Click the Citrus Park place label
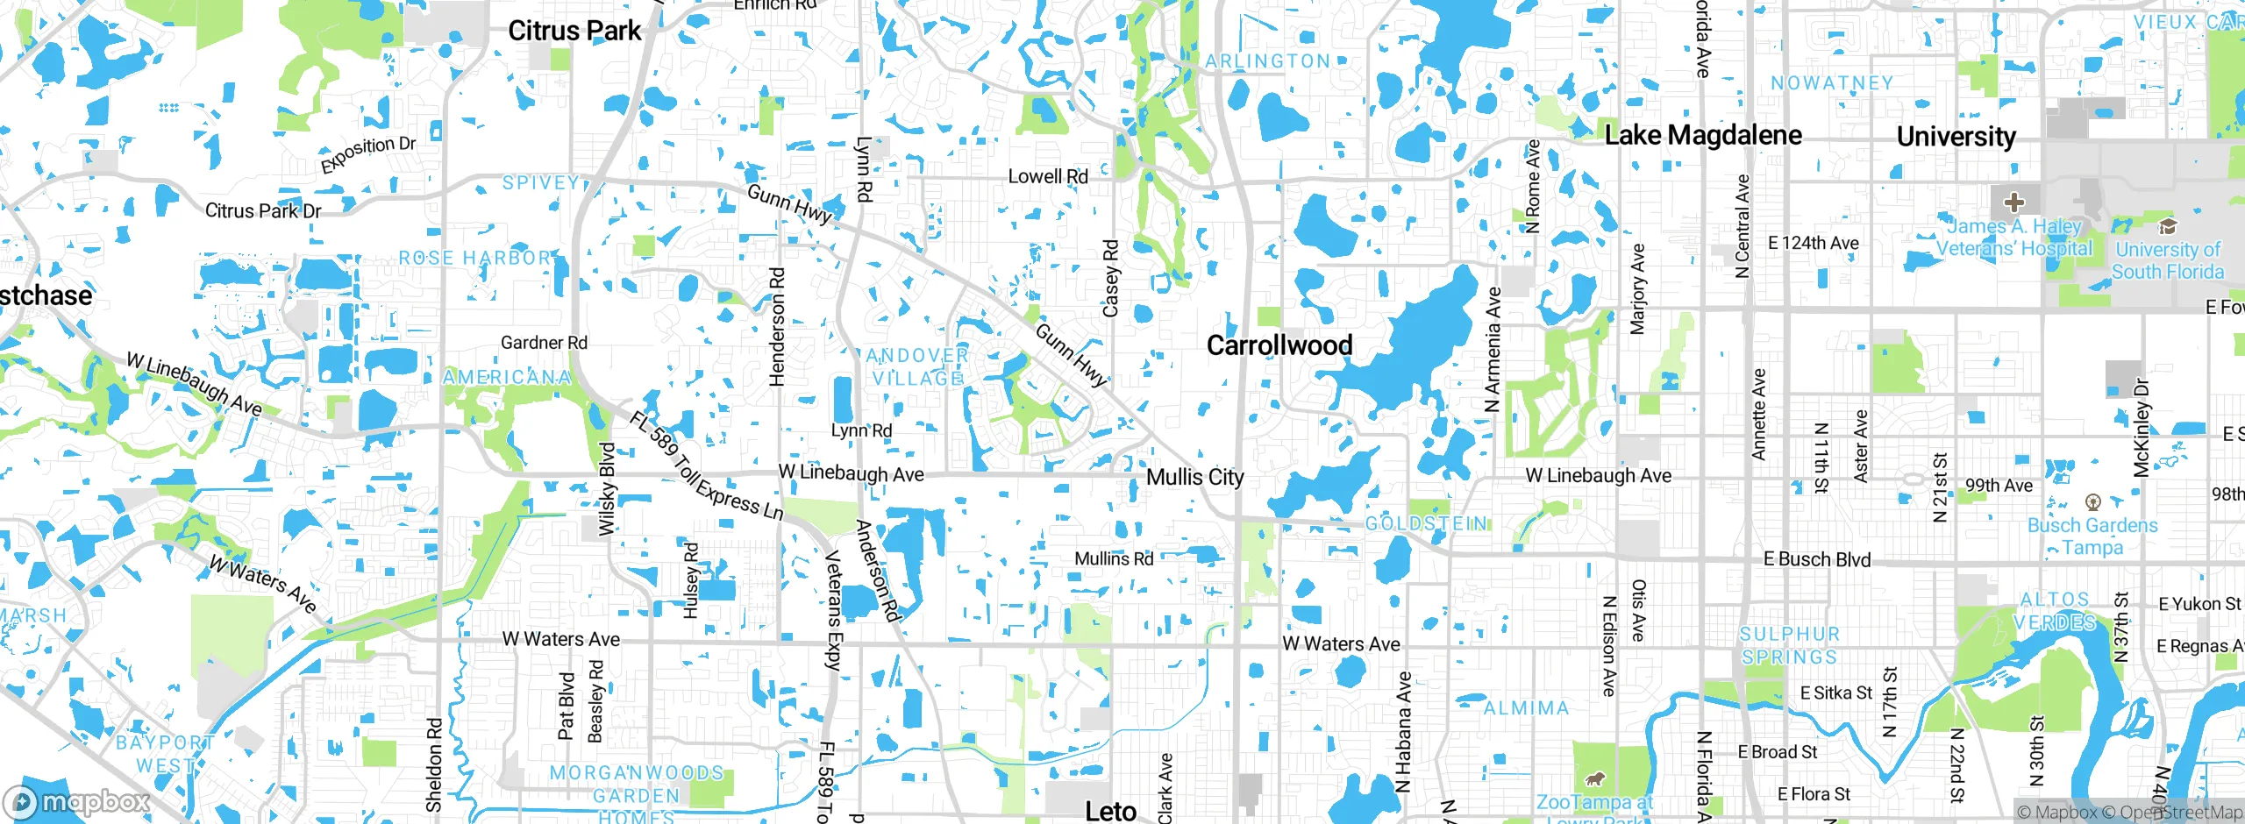(574, 31)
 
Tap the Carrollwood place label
(1279, 345)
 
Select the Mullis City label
(1195, 477)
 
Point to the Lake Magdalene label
(1703, 135)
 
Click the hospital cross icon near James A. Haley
(2014, 202)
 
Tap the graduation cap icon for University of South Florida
(2168, 226)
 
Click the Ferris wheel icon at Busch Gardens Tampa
(2093, 502)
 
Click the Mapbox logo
(77, 802)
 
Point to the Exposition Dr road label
(367, 155)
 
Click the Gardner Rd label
(544, 343)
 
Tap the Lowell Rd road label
(1048, 176)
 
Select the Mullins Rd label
(1114, 558)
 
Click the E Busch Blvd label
(1817, 559)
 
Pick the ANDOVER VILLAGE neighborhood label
(917, 367)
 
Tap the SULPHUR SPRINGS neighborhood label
(1789, 645)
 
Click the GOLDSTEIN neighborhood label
(1427, 523)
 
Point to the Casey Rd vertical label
(1111, 279)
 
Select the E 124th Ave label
(1813, 243)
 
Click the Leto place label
(1110, 811)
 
